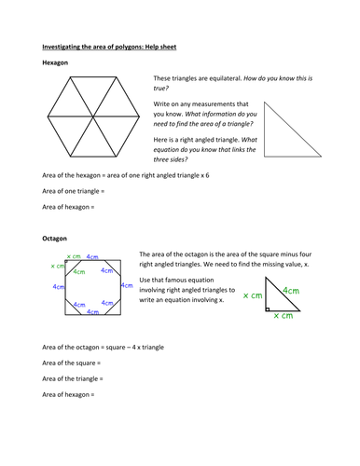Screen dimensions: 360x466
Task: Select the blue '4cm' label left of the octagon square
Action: (58, 287)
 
